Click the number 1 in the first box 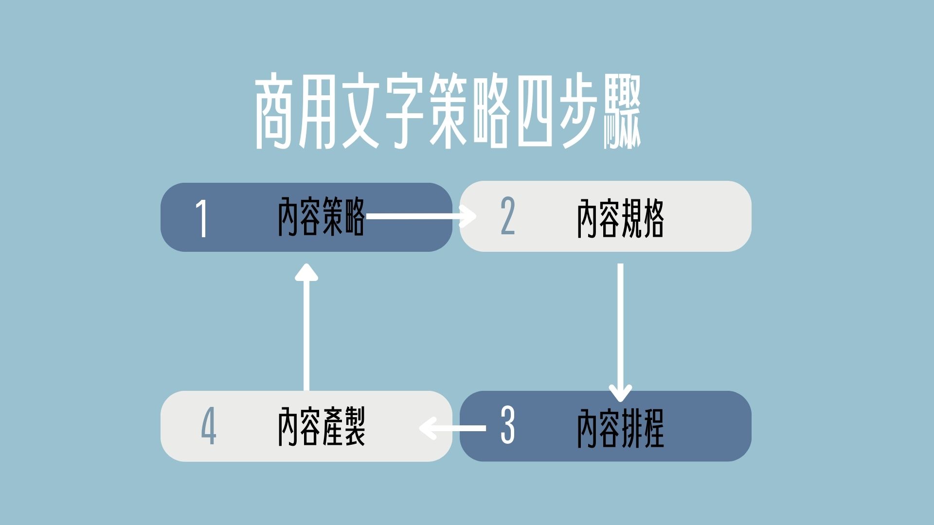202,219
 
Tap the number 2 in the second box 507,217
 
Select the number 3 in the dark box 507,426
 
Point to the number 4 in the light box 209,426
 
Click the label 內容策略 321,217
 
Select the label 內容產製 321,426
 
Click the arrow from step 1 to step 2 421,216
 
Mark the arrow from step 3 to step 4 452,428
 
